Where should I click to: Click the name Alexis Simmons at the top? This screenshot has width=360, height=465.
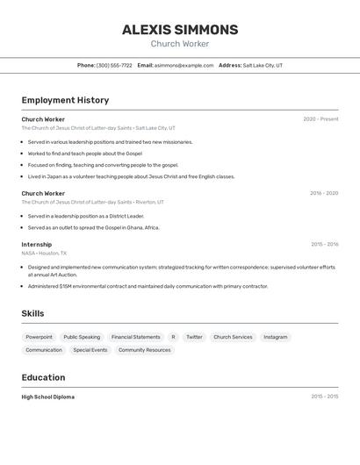(180, 30)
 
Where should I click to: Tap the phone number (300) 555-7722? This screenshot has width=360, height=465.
(114, 65)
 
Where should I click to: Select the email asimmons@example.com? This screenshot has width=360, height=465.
(184, 65)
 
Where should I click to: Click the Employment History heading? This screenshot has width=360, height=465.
(65, 100)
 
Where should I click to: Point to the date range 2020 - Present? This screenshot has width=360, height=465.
(320, 119)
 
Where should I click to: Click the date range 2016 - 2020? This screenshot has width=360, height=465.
(323, 193)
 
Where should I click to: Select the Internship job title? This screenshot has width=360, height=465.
(37, 245)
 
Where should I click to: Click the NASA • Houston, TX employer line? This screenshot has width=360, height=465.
(44, 253)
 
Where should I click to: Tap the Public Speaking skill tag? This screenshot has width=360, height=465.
(82, 337)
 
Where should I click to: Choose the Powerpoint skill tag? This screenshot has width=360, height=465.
(39, 337)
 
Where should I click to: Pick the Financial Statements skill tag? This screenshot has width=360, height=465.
(135, 337)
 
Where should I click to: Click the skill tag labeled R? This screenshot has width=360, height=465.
(173, 337)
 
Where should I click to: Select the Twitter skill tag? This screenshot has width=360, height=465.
(194, 337)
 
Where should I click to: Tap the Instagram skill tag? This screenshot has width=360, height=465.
(275, 337)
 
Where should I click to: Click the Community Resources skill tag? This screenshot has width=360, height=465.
(144, 350)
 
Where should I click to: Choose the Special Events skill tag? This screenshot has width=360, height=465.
(90, 350)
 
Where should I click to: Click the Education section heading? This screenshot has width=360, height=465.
(43, 377)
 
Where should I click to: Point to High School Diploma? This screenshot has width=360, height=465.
(48, 397)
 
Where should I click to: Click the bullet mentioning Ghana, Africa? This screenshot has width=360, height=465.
(93, 227)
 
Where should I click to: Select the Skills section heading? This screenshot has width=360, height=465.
(33, 313)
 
